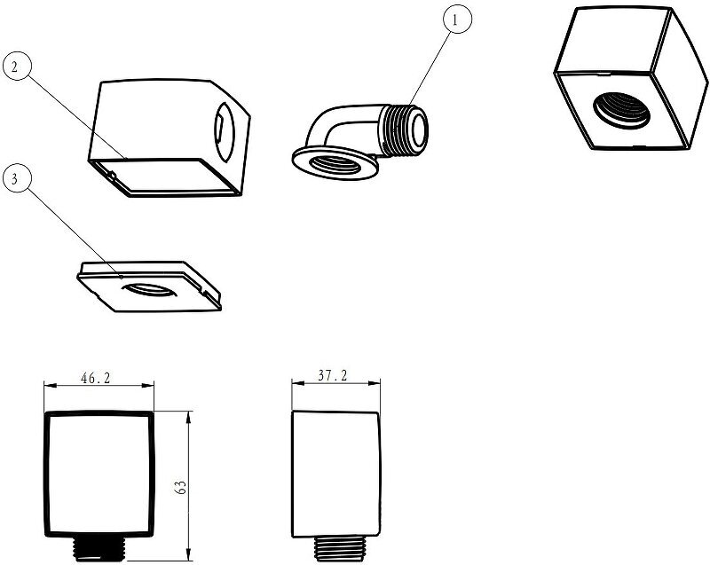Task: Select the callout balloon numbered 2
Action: pyautogui.click(x=18, y=65)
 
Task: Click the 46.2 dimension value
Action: pyautogui.click(x=96, y=378)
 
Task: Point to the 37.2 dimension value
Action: pyautogui.click(x=333, y=376)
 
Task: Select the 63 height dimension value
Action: pyautogui.click(x=181, y=486)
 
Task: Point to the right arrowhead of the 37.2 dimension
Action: pyautogui.click(x=380, y=383)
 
